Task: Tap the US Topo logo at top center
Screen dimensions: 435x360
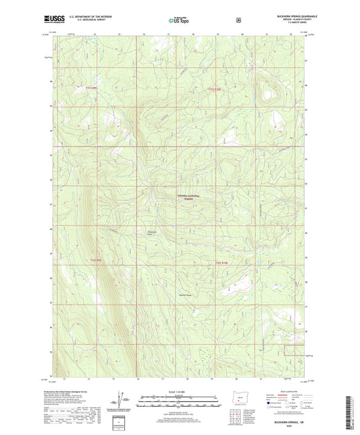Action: click(178, 20)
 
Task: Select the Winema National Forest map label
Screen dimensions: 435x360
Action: click(184, 197)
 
